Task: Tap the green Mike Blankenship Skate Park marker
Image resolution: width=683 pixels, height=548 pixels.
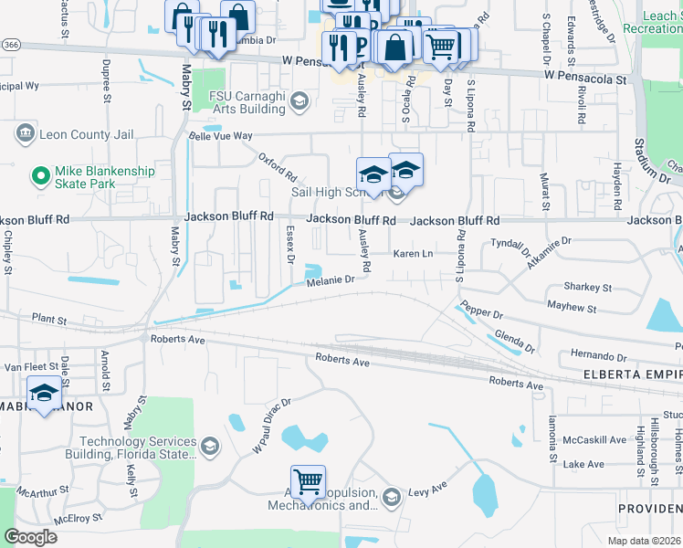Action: click(x=39, y=174)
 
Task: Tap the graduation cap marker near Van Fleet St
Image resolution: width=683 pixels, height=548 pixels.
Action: click(x=43, y=393)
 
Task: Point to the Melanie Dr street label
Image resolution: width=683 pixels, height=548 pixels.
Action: click(x=329, y=279)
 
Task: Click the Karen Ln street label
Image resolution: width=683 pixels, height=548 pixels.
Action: click(x=412, y=253)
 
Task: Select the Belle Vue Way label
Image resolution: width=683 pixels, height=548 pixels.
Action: click(x=219, y=135)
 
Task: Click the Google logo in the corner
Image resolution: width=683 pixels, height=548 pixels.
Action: click(x=31, y=536)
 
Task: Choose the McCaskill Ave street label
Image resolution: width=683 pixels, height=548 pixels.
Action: click(x=595, y=439)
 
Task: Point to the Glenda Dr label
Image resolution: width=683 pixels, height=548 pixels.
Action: click(x=513, y=341)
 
